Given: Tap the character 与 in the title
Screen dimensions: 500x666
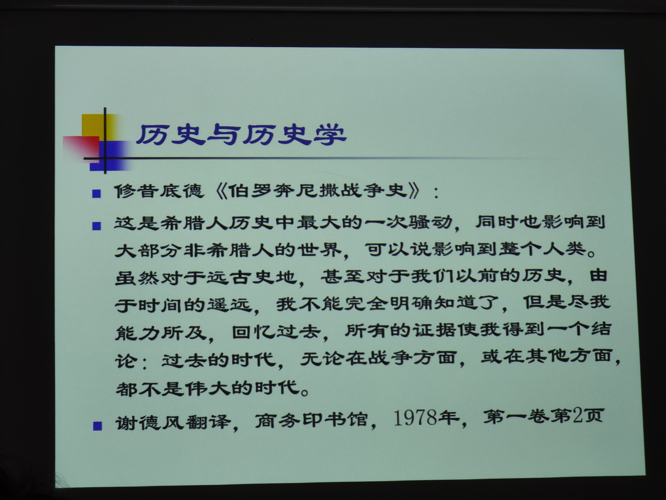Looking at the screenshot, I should [x=223, y=135].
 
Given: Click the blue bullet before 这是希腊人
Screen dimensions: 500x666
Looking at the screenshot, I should [x=96, y=226].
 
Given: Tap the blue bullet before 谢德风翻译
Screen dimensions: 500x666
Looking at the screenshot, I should [x=97, y=426].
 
